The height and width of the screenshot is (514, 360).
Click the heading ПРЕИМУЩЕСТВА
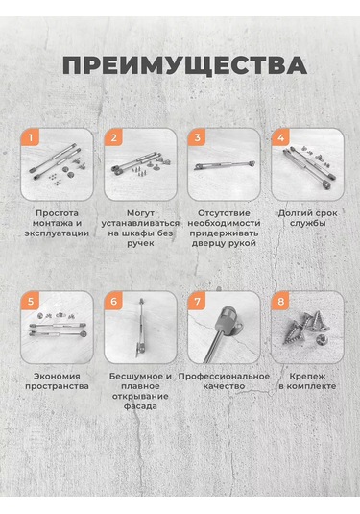(184, 66)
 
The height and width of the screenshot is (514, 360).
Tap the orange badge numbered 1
(30, 137)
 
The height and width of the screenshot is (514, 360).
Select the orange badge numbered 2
(113, 137)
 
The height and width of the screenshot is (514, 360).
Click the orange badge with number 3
(197, 137)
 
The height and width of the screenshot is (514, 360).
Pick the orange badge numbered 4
(280, 137)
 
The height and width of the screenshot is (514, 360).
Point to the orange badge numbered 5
(30, 301)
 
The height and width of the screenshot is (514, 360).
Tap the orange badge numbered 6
(113, 301)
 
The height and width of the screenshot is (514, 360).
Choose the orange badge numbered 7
(197, 301)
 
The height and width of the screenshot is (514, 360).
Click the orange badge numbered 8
(280, 301)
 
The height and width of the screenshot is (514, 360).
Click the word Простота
(57, 213)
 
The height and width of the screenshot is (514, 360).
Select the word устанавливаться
(140, 223)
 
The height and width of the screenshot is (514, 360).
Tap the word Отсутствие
(224, 213)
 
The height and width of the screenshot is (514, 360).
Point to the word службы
(308, 223)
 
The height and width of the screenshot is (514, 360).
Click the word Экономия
(57, 376)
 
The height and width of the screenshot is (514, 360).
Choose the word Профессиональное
(224, 377)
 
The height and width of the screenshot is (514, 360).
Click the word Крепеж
(307, 377)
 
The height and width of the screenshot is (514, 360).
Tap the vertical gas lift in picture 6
(141, 328)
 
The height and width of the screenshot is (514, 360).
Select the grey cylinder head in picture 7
(226, 316)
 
